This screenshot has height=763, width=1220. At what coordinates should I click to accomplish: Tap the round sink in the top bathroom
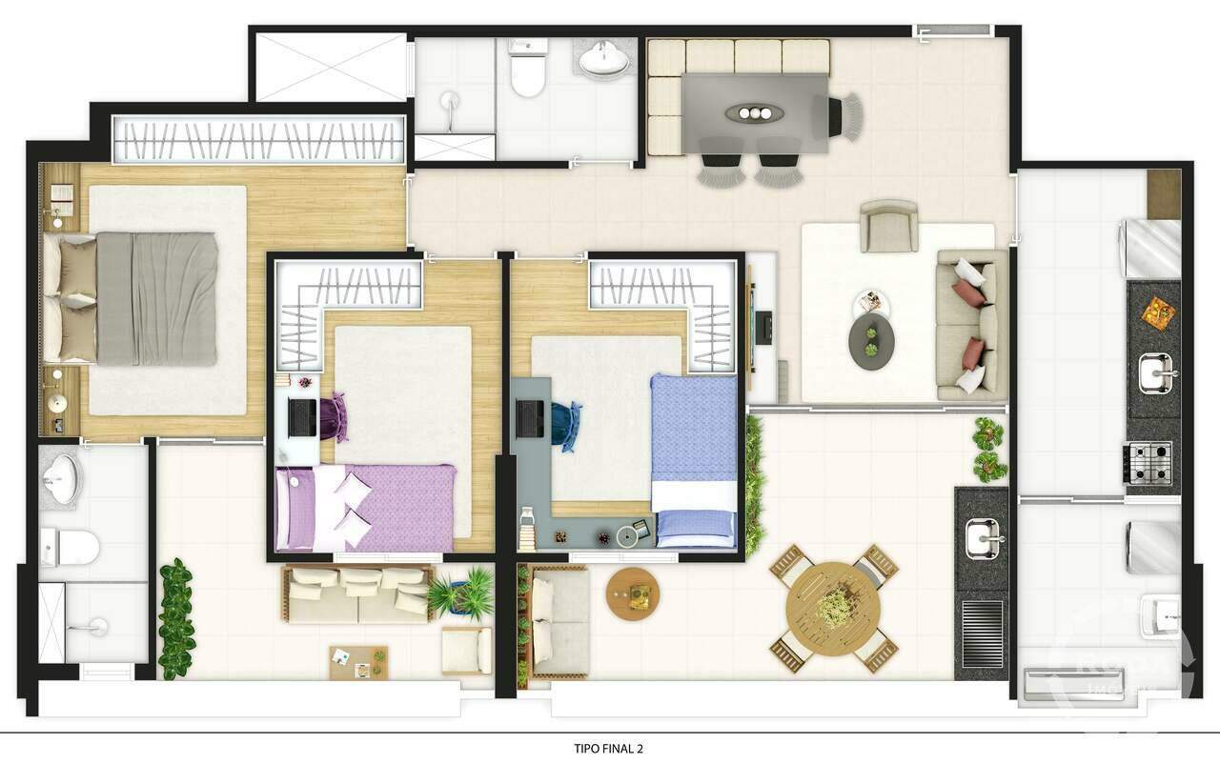604,59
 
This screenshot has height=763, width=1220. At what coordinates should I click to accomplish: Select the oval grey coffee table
871,338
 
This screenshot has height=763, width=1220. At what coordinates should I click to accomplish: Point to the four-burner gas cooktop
1149,462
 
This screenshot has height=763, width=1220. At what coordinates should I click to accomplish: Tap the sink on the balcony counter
983,539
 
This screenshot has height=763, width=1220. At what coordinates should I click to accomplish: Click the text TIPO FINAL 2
609,749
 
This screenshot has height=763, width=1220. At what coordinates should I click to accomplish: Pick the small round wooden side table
633,594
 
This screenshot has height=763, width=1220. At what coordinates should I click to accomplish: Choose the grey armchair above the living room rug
888,226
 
